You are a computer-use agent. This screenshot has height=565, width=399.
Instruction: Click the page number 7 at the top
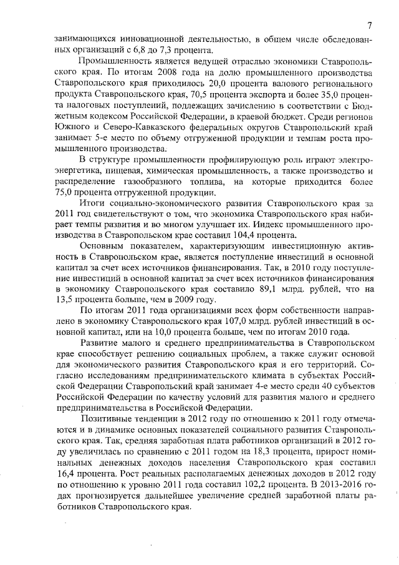tap(369, 26)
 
